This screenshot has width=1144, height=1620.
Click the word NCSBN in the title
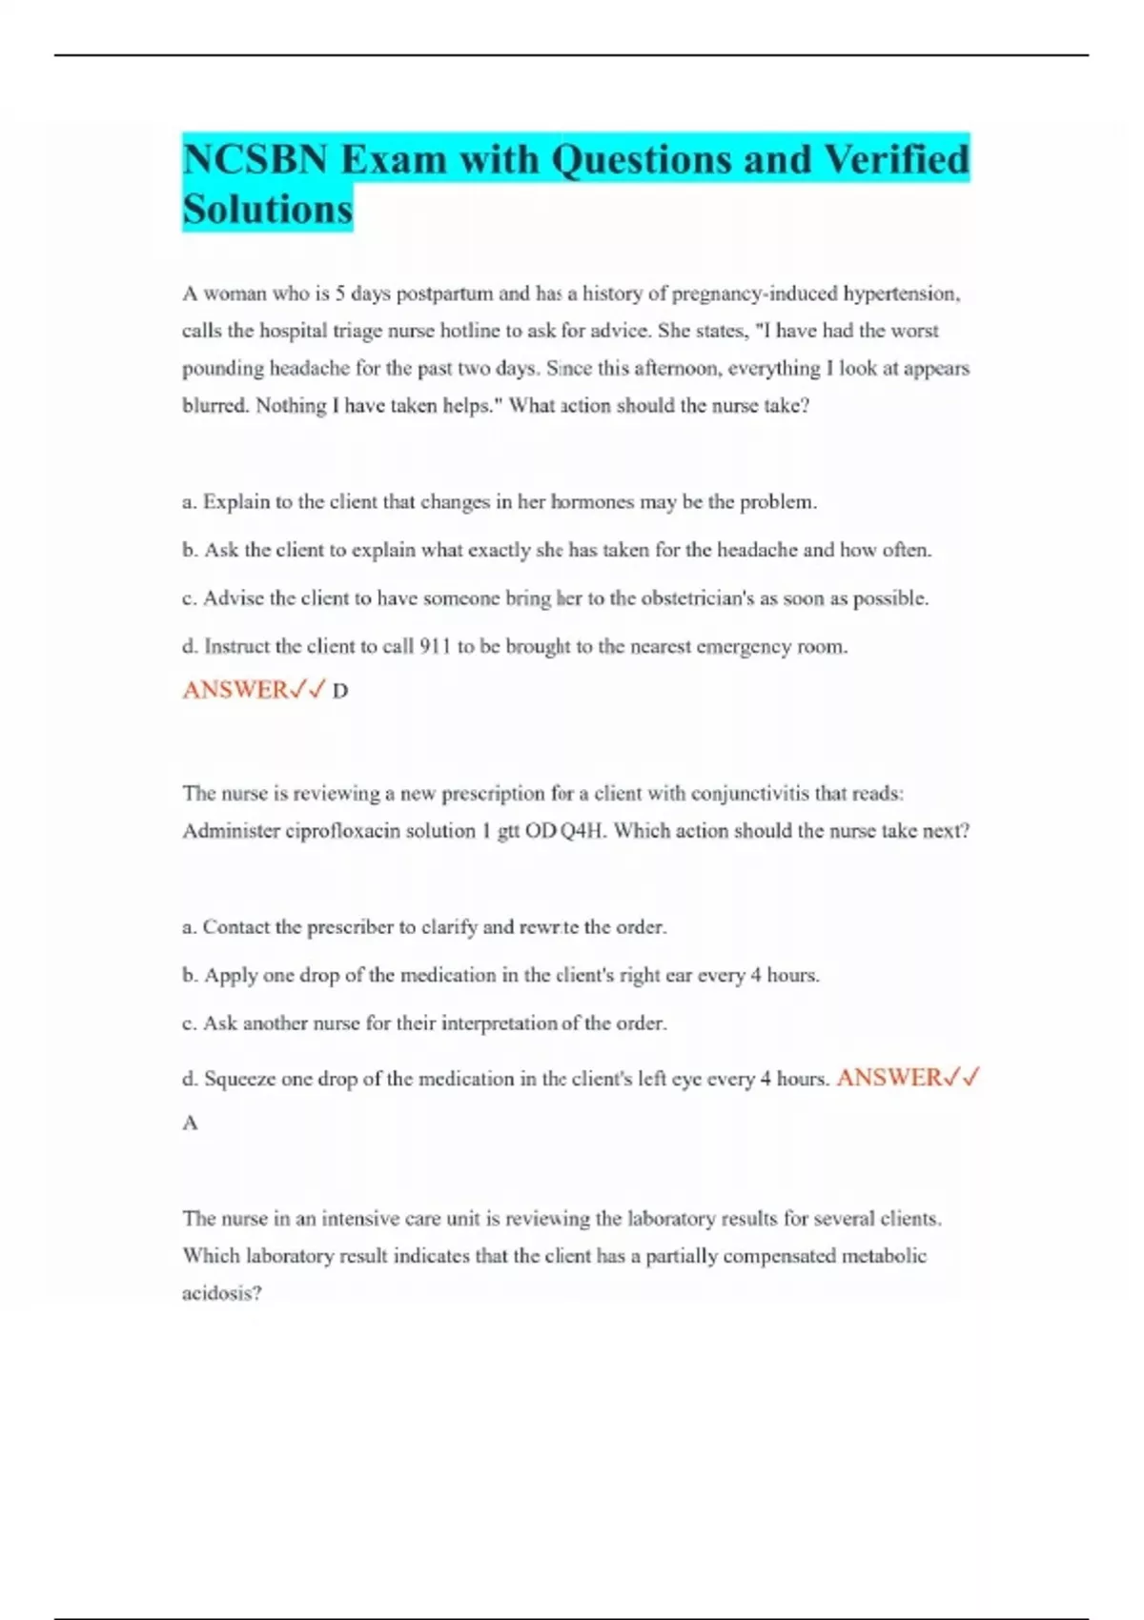tap(255, 159)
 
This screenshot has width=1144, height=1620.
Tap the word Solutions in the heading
tap(267, 210)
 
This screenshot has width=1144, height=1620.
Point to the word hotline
tap(470, 331)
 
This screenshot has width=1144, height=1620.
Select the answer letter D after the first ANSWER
tap(340, 691)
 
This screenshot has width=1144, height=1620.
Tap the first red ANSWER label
tap(235, 689)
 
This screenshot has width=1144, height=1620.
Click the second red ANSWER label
tap(889, 1078)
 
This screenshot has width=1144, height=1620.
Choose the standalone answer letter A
tap(191, 1124)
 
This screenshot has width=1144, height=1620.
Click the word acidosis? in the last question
tap(221, 1293)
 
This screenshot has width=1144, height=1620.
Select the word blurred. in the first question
tap(215, 406)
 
